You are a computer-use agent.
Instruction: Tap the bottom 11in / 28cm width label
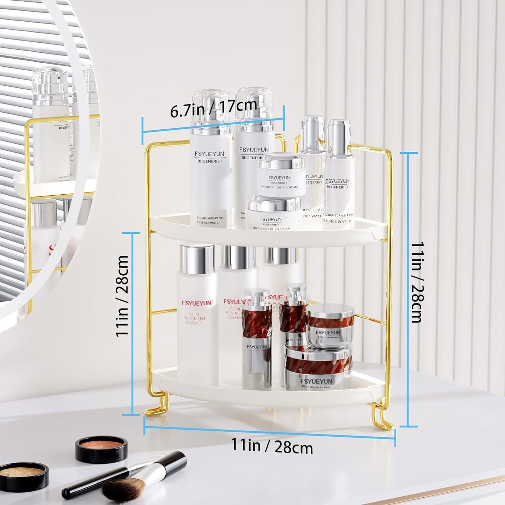(272, 446)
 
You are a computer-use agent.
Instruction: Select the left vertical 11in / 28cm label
(122, 296)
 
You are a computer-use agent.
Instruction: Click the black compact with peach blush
(101, 449)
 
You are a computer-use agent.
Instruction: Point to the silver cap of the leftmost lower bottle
(197, 259)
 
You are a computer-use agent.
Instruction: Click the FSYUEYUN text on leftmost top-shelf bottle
(209, 154)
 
